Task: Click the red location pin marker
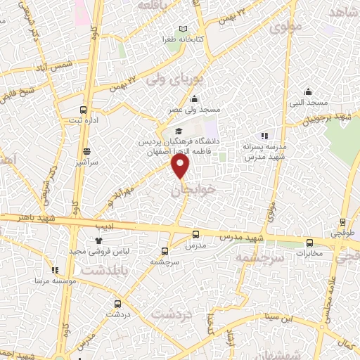coord(181,166)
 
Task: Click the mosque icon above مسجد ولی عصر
coord(194,99)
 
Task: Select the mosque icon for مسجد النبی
coord(308,91)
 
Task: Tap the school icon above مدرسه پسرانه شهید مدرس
coord(264,136)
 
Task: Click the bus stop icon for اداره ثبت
coord(84,110)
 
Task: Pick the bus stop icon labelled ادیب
coord(98,218)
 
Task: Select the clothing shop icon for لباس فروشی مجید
coord(98,241)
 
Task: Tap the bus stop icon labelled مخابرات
coord(309,243)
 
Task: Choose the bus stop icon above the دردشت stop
coord(117,304)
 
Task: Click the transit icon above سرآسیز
coord(86,151)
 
